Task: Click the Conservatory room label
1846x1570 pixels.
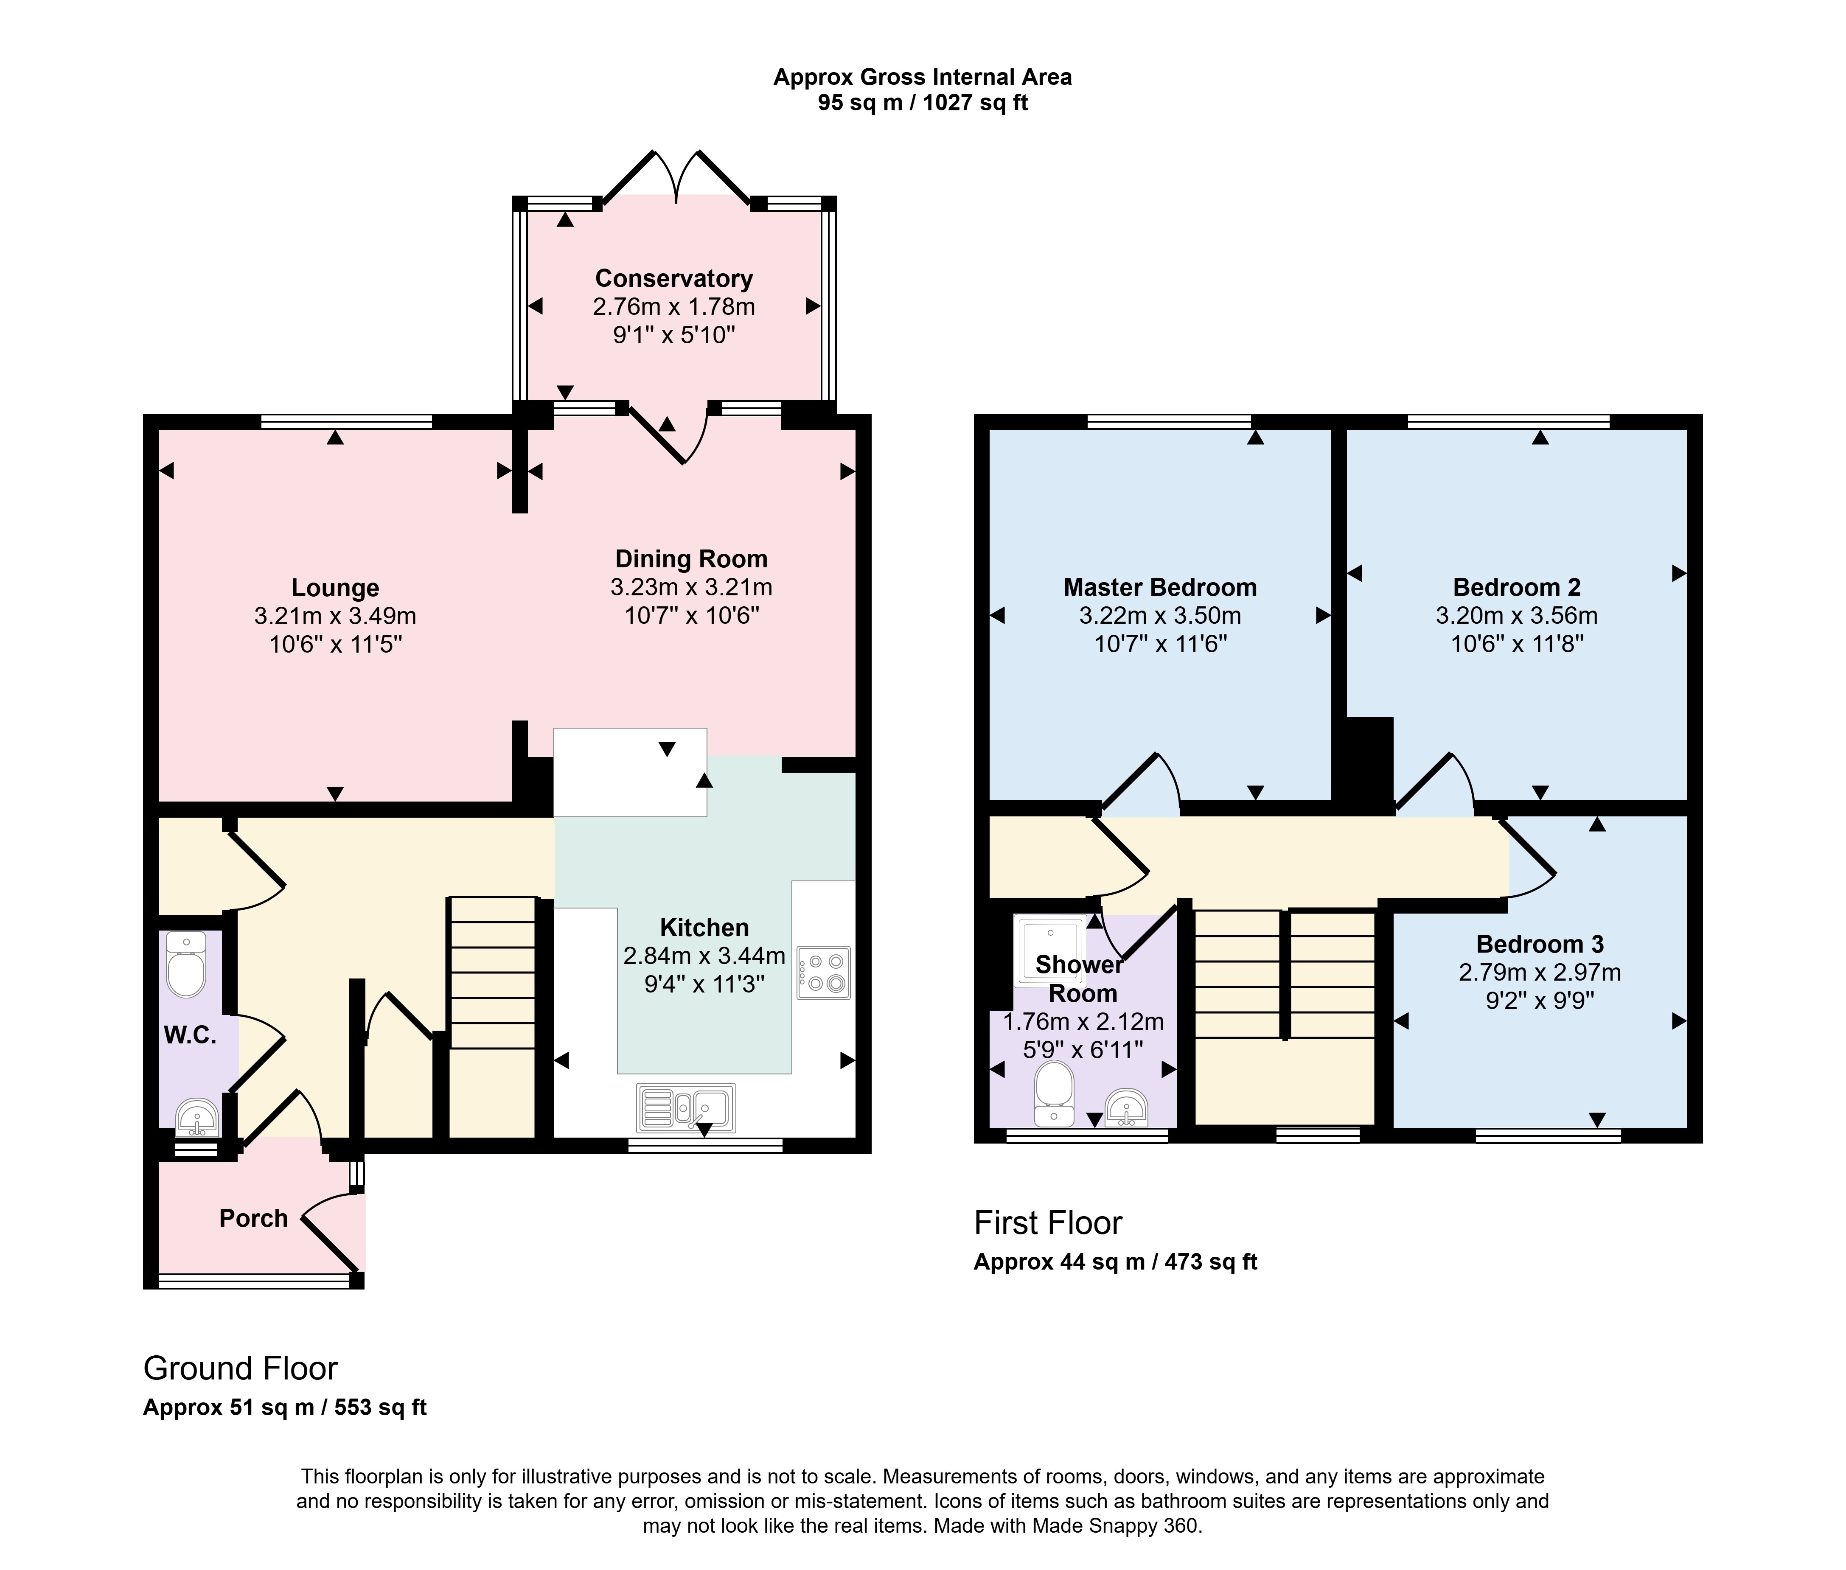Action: [674, 279]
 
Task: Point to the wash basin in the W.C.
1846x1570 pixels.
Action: [197, 1117]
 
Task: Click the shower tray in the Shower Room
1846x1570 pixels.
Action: [1050, 950]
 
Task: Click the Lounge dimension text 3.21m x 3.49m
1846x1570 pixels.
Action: [336, 616]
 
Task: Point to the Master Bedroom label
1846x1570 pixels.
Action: [1160, 587]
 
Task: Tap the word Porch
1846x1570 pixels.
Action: [254, 1218]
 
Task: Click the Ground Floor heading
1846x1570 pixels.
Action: [240, 1368]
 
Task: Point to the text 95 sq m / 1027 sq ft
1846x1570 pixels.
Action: [923, 103]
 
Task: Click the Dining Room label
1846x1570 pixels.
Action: [692, 559]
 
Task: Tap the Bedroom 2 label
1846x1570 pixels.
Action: [1517, 587]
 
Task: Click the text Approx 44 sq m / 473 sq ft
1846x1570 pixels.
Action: [1115, 1262]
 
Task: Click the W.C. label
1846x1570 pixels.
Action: [190, 1035]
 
